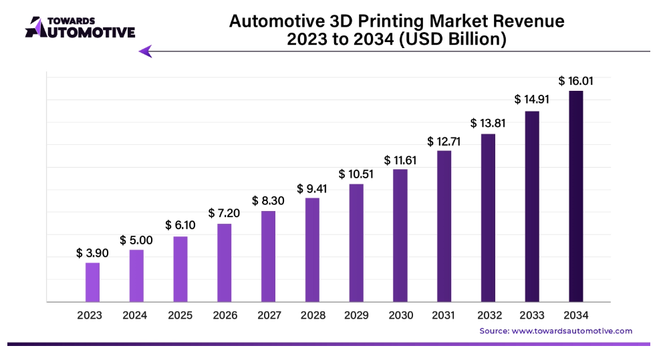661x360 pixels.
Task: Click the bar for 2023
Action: pyautogui.click(x=92, y=282)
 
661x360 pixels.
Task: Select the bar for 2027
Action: pyautogui.click(x=268, y=256)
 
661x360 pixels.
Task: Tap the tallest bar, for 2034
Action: pyautogui.click(x=575, y=196)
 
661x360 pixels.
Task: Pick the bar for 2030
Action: pyautogui.click(x=400, y=235)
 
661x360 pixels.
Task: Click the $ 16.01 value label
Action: pyautogui.click(x=575, y=81)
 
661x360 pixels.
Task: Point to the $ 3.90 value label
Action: pyautogui.click(x=92, y=253)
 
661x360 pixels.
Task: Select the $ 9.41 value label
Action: pyautogui.click(x=312, y=189)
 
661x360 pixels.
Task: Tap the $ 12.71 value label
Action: pyautogui.click(x=444, y=142)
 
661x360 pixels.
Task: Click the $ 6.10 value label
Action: pyautogui.click(x=180, y=226)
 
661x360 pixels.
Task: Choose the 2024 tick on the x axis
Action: pyautogui.click(x=136, y=315)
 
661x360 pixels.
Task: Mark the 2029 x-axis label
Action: pyautogui.click(x=356, y=315)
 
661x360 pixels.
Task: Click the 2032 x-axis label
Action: pyautogui.click(x=488, y=315)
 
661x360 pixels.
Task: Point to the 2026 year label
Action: pyautogui.click(x=224, y=315)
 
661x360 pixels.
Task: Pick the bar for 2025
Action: pyautogui.click(x=180, y=269)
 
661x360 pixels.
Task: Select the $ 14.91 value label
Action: pyautogui.click(x=531, y=100)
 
